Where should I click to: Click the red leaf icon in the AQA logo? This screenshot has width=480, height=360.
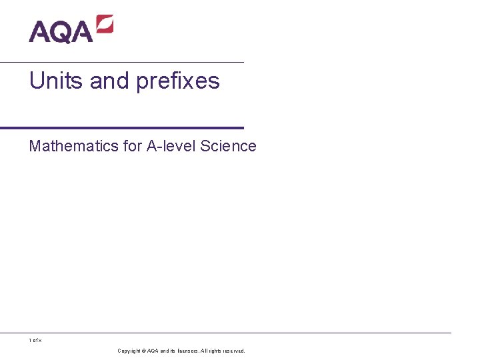[105, 25]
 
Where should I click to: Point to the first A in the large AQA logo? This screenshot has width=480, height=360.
[39, 31]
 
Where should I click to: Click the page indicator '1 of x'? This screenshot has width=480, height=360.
[35, 341]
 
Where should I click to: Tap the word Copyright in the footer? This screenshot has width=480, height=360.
[129, 351]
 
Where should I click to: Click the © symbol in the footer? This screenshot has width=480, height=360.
[143, 351]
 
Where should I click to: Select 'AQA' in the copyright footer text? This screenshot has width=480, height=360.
[153, 351]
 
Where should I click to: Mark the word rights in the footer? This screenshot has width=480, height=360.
[216, 351]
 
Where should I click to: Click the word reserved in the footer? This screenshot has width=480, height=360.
[235, 351]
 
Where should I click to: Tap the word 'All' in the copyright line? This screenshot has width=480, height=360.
[204, 351]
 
